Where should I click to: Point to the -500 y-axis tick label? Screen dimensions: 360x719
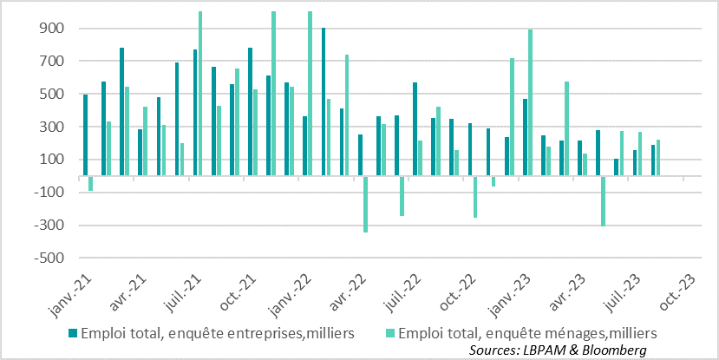(x=49, y=259)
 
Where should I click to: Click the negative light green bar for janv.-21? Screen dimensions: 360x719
(x=90, y=183)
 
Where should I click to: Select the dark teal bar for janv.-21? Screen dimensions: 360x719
(x=85, y=134)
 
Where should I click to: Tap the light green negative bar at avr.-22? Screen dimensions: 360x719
(x=365, y=204)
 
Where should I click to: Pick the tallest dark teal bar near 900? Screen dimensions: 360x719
(x=324, y=101)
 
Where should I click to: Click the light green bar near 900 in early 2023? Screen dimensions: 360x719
(x=530, y=102)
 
